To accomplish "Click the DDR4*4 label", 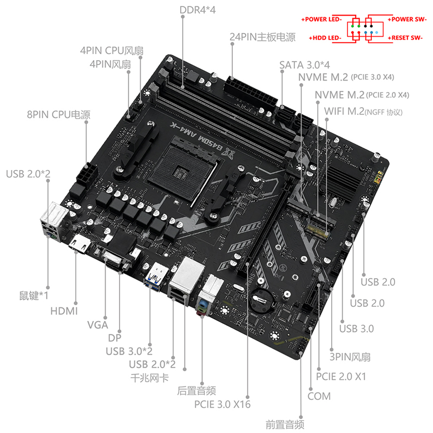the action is point(198,10).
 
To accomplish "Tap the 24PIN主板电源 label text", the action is point(263,37).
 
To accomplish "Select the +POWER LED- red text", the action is point(322,19).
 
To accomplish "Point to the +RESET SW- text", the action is point(405,38).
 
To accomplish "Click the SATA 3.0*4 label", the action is point(305,65).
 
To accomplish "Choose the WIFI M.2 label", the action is point(363,111).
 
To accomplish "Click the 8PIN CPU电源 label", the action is point(58,115).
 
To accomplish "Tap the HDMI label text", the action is point(64,311).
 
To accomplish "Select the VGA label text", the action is point(97,325).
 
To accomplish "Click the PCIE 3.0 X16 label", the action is point(222,404).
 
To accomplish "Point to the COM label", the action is point(319,396).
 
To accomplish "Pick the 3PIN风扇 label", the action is point(350,357).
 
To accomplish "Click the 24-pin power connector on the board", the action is point(250,93).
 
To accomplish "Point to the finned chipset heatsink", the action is point(344,181).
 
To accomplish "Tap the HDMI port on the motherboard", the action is point(80,244).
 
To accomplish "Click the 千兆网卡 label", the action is point(149,377).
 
